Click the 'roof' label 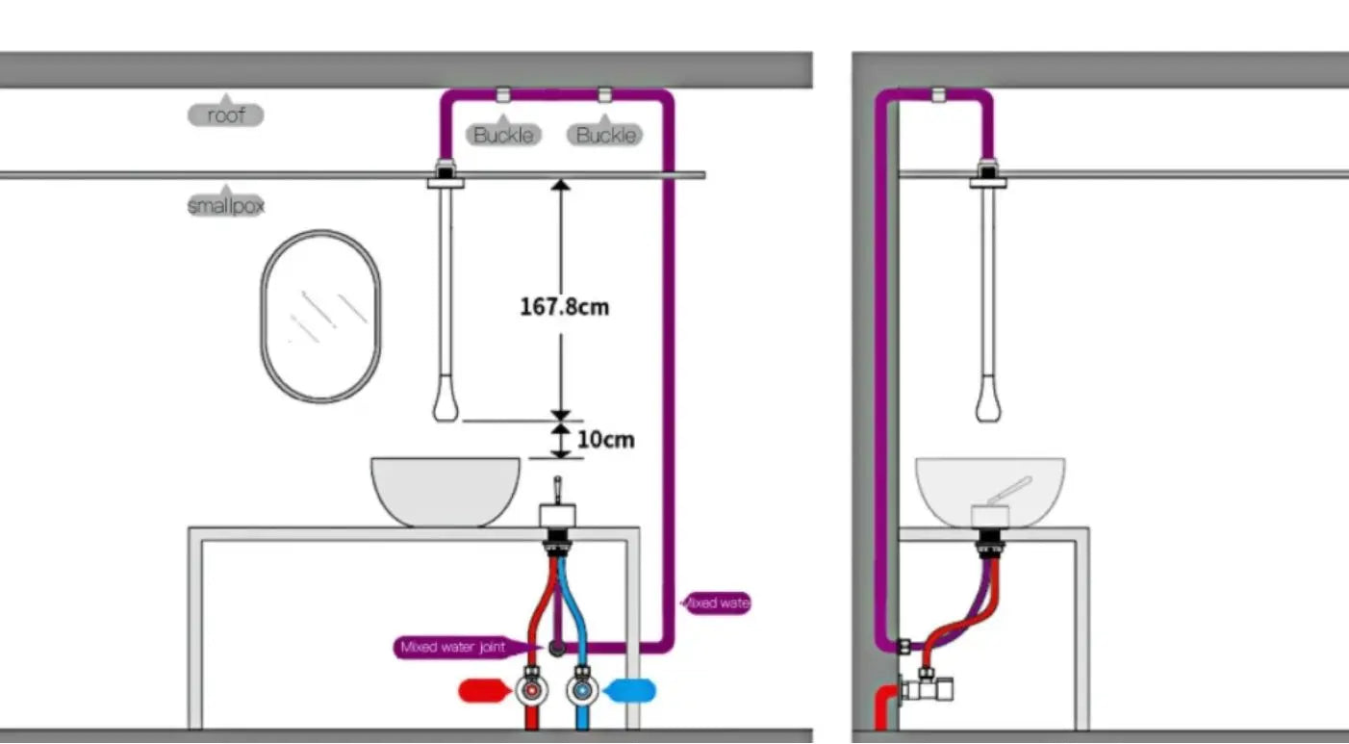(225, 115)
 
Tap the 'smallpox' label (225, 205)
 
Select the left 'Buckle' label (503, 135)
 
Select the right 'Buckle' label (605, 135)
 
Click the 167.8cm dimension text (564, 307)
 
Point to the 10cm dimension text (605, 440)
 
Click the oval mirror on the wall (320, 315)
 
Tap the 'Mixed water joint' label (452, 648)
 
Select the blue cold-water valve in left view (581, 689)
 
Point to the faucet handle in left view (556, 490)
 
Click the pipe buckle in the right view (937, 94)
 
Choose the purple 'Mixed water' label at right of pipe (716, 603)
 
